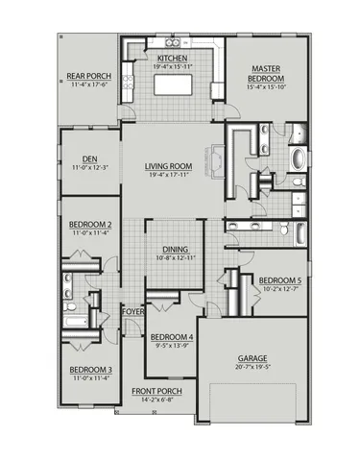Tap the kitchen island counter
(x=176, y=85)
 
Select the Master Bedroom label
(x=265, y=74)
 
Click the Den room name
(x=90, y=160)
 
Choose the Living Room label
(x=169, y=166)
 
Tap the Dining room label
(x=175, y=249)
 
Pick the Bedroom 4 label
(x=173, y=337)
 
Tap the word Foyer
(x=132, y=312)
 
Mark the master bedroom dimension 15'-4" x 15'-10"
(x=265, y=88)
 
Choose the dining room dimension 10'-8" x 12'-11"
(x=175, y=257)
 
